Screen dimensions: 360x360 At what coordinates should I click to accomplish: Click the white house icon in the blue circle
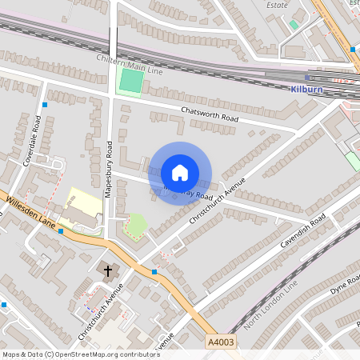[x=180, y=173]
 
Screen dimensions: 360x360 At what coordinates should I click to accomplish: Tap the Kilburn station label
[x=306, y=90]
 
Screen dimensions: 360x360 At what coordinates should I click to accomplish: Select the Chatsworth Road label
[x=210, y=113]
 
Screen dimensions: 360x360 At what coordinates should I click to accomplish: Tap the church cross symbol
[x=108, y=271]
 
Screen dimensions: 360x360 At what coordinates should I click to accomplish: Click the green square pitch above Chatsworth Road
[x=130, y=81]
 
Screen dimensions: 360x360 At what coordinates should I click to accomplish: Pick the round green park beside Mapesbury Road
[x=137, y=225]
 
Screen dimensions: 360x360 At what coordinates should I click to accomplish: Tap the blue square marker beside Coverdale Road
[x=46, y=105]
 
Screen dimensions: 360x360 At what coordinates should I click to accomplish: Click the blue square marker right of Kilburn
[x=352, y=50]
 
